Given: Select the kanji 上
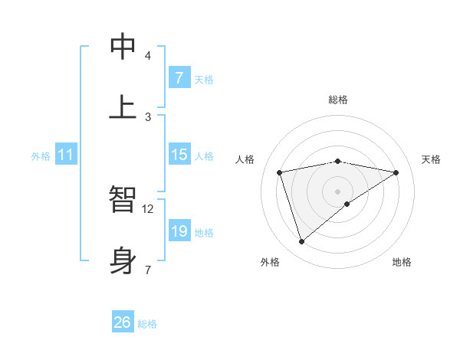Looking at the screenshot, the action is click(x=123, y=106).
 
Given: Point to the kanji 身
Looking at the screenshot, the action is click(x=123, y=260).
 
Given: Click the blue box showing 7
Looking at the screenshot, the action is click(x=179, y=78).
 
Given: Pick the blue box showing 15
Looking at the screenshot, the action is click(x=179, y=155).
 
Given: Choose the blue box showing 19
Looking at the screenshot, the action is click(x=179, y=231).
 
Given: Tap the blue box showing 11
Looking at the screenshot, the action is click(x=65, y=155).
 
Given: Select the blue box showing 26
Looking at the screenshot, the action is click(x=123, y=322).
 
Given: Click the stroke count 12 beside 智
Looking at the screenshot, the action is click(x=148, y=208).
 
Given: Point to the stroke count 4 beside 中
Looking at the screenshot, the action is click(x=148, y=55).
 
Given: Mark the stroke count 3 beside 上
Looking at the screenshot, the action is click(x=148, y=116).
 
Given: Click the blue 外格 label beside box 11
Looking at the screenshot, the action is click(x=41, y=156).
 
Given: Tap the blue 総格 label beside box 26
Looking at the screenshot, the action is click(x=147, y=324).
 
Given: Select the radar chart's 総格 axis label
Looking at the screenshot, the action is click(x=338, y=100).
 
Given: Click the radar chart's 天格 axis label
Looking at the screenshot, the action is click(x=431, y=159).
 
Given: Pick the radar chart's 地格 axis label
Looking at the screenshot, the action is click(x=402, y=262).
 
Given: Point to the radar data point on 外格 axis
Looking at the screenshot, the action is click(x=302, y=242).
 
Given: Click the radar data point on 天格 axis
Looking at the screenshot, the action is click(x=396, y=172).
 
